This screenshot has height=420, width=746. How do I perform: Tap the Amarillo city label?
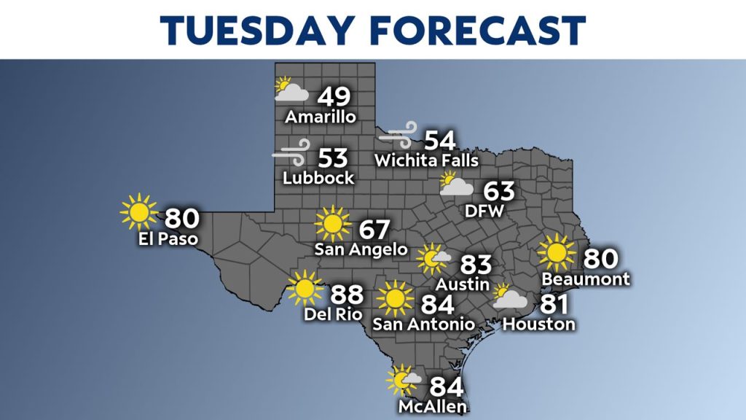[321, 117]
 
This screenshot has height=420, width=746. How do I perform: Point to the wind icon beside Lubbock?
[291, 155]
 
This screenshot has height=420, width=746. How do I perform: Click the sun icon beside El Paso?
[138, 212]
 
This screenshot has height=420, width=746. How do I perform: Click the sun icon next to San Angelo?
[333, 224]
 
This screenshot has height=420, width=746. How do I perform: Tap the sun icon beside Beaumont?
[557, 252]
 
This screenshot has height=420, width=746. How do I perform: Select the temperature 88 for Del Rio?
[348, 296]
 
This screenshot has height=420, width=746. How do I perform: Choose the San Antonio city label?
[423, 323]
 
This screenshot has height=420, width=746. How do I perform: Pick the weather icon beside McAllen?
[403, 380]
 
